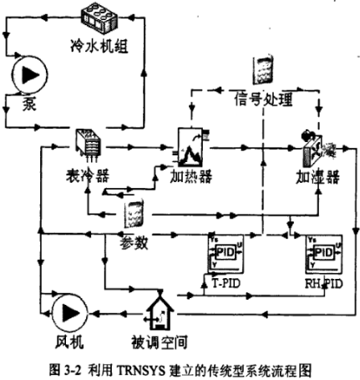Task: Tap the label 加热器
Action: pyautogui.click(x=190, y=176)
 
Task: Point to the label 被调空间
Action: pyautogui.click(x=156, y=342)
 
